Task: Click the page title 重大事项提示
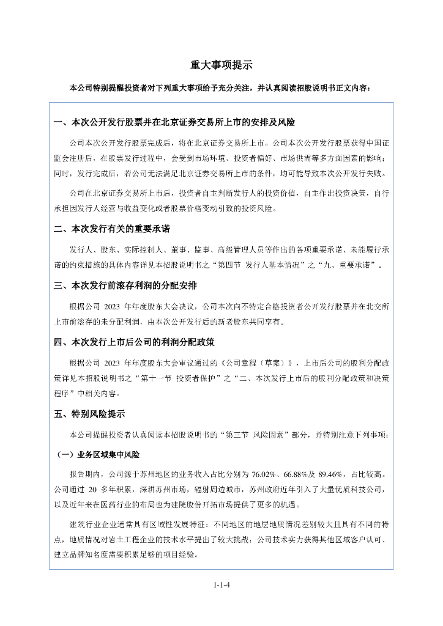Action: [221, 65]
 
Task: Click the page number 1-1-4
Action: [221, 584]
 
